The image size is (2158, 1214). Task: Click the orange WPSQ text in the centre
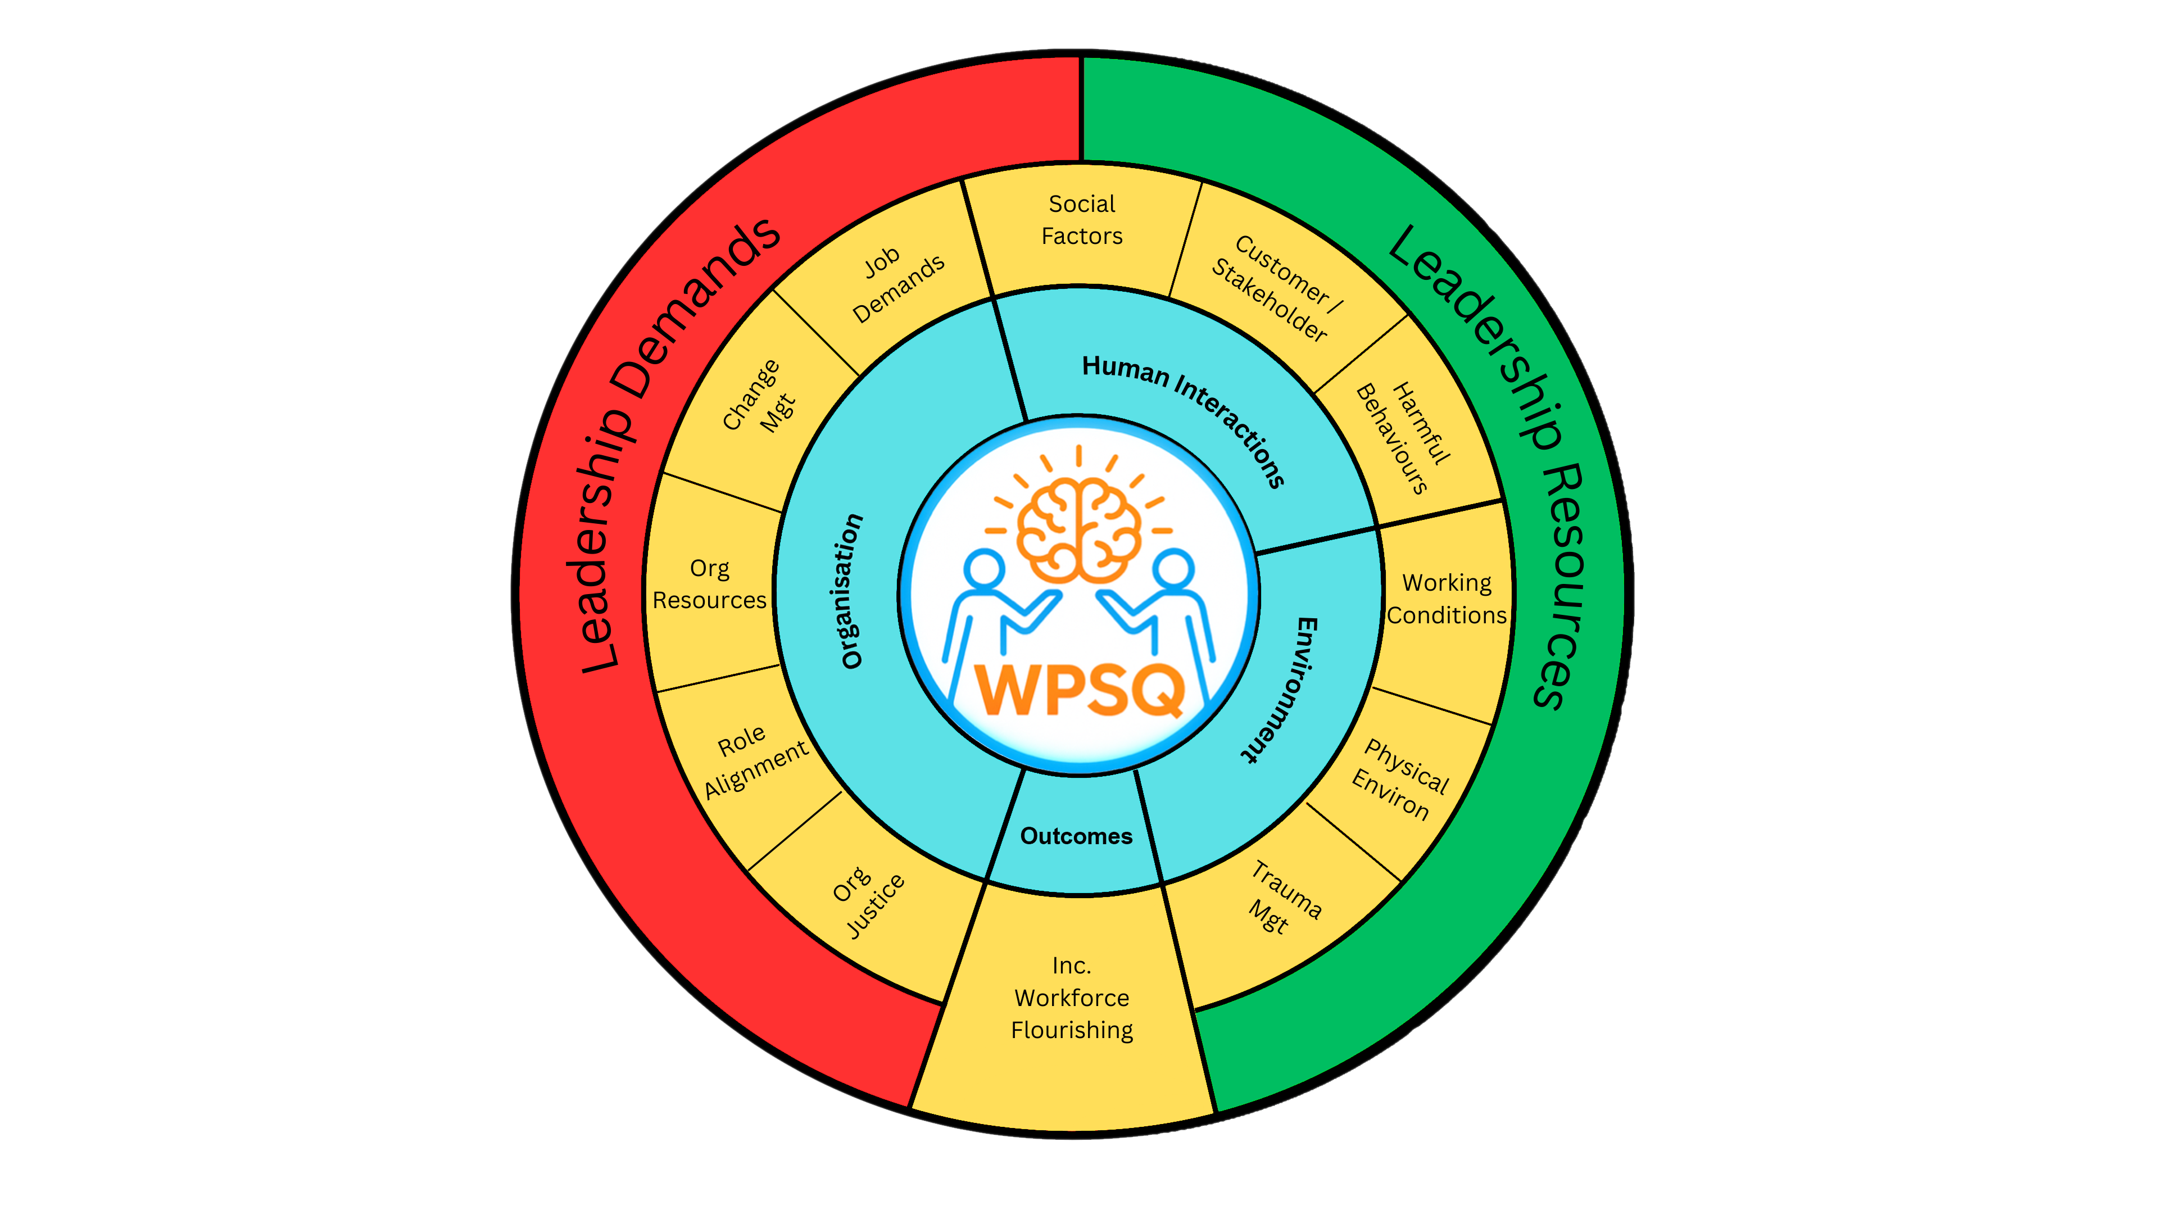point(1080,690)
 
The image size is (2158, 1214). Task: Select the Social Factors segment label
point(1081,220)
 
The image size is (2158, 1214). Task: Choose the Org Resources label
point(710,584)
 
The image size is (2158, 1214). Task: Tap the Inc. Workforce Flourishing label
point(1072,997)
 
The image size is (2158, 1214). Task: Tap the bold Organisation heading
point(850,591)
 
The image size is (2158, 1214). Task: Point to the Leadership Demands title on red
point(670,444)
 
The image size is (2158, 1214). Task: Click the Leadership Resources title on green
point(1495,461)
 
